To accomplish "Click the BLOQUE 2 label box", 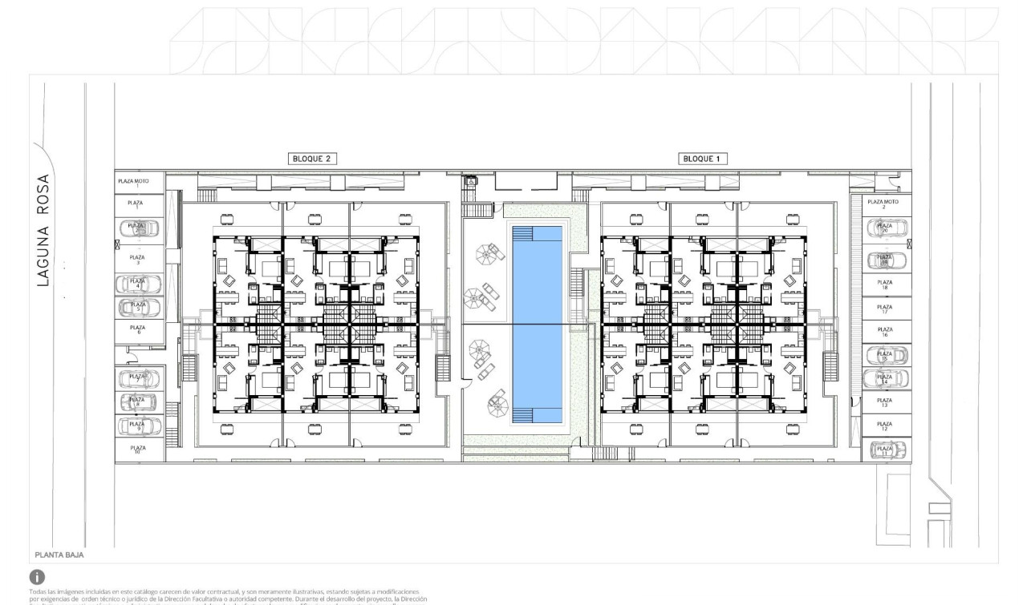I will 312,159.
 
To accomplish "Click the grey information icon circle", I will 36,576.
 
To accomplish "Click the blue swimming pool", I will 538,325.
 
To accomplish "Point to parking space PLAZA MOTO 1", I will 138,184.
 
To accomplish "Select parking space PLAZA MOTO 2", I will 883,204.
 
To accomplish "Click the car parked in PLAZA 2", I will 138,228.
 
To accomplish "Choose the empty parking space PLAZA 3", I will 138,258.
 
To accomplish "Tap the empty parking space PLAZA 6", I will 138,329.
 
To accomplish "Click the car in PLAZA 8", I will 138,401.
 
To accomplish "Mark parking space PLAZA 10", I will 138,450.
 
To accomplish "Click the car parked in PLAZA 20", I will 885,228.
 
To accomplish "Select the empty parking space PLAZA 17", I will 885,309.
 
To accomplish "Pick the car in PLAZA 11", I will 886,450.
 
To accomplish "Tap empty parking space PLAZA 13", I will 885,403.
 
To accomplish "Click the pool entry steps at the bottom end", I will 522,415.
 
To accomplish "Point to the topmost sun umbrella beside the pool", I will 486,255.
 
